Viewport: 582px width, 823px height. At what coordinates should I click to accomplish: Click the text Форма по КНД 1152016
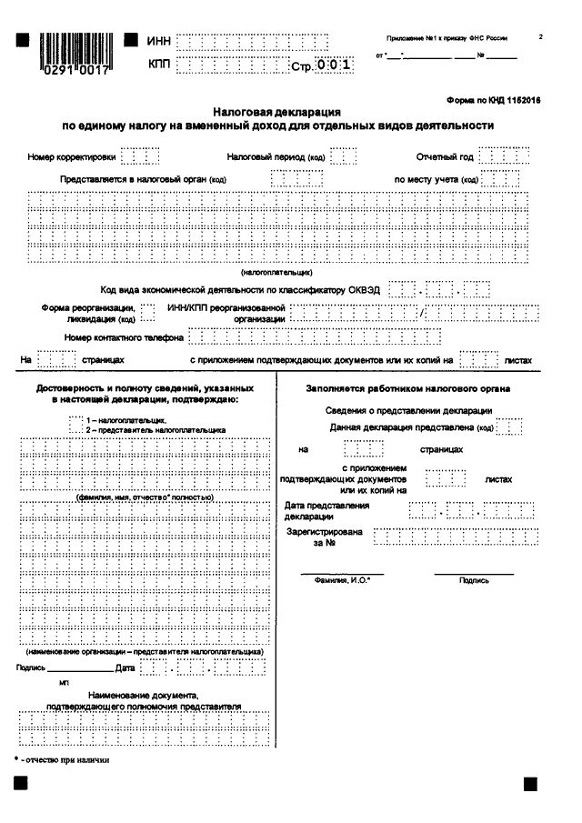(x=493, y=102)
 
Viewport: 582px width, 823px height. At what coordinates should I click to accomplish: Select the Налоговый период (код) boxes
(x=343, y=156)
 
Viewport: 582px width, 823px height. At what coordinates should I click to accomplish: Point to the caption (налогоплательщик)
(x=276, y=272)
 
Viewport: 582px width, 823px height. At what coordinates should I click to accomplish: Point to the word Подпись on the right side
(x=474, y=579)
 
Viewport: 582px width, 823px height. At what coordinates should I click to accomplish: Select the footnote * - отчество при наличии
(x=61, y=759)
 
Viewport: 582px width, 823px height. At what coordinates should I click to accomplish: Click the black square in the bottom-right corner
(x=530, y=784)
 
